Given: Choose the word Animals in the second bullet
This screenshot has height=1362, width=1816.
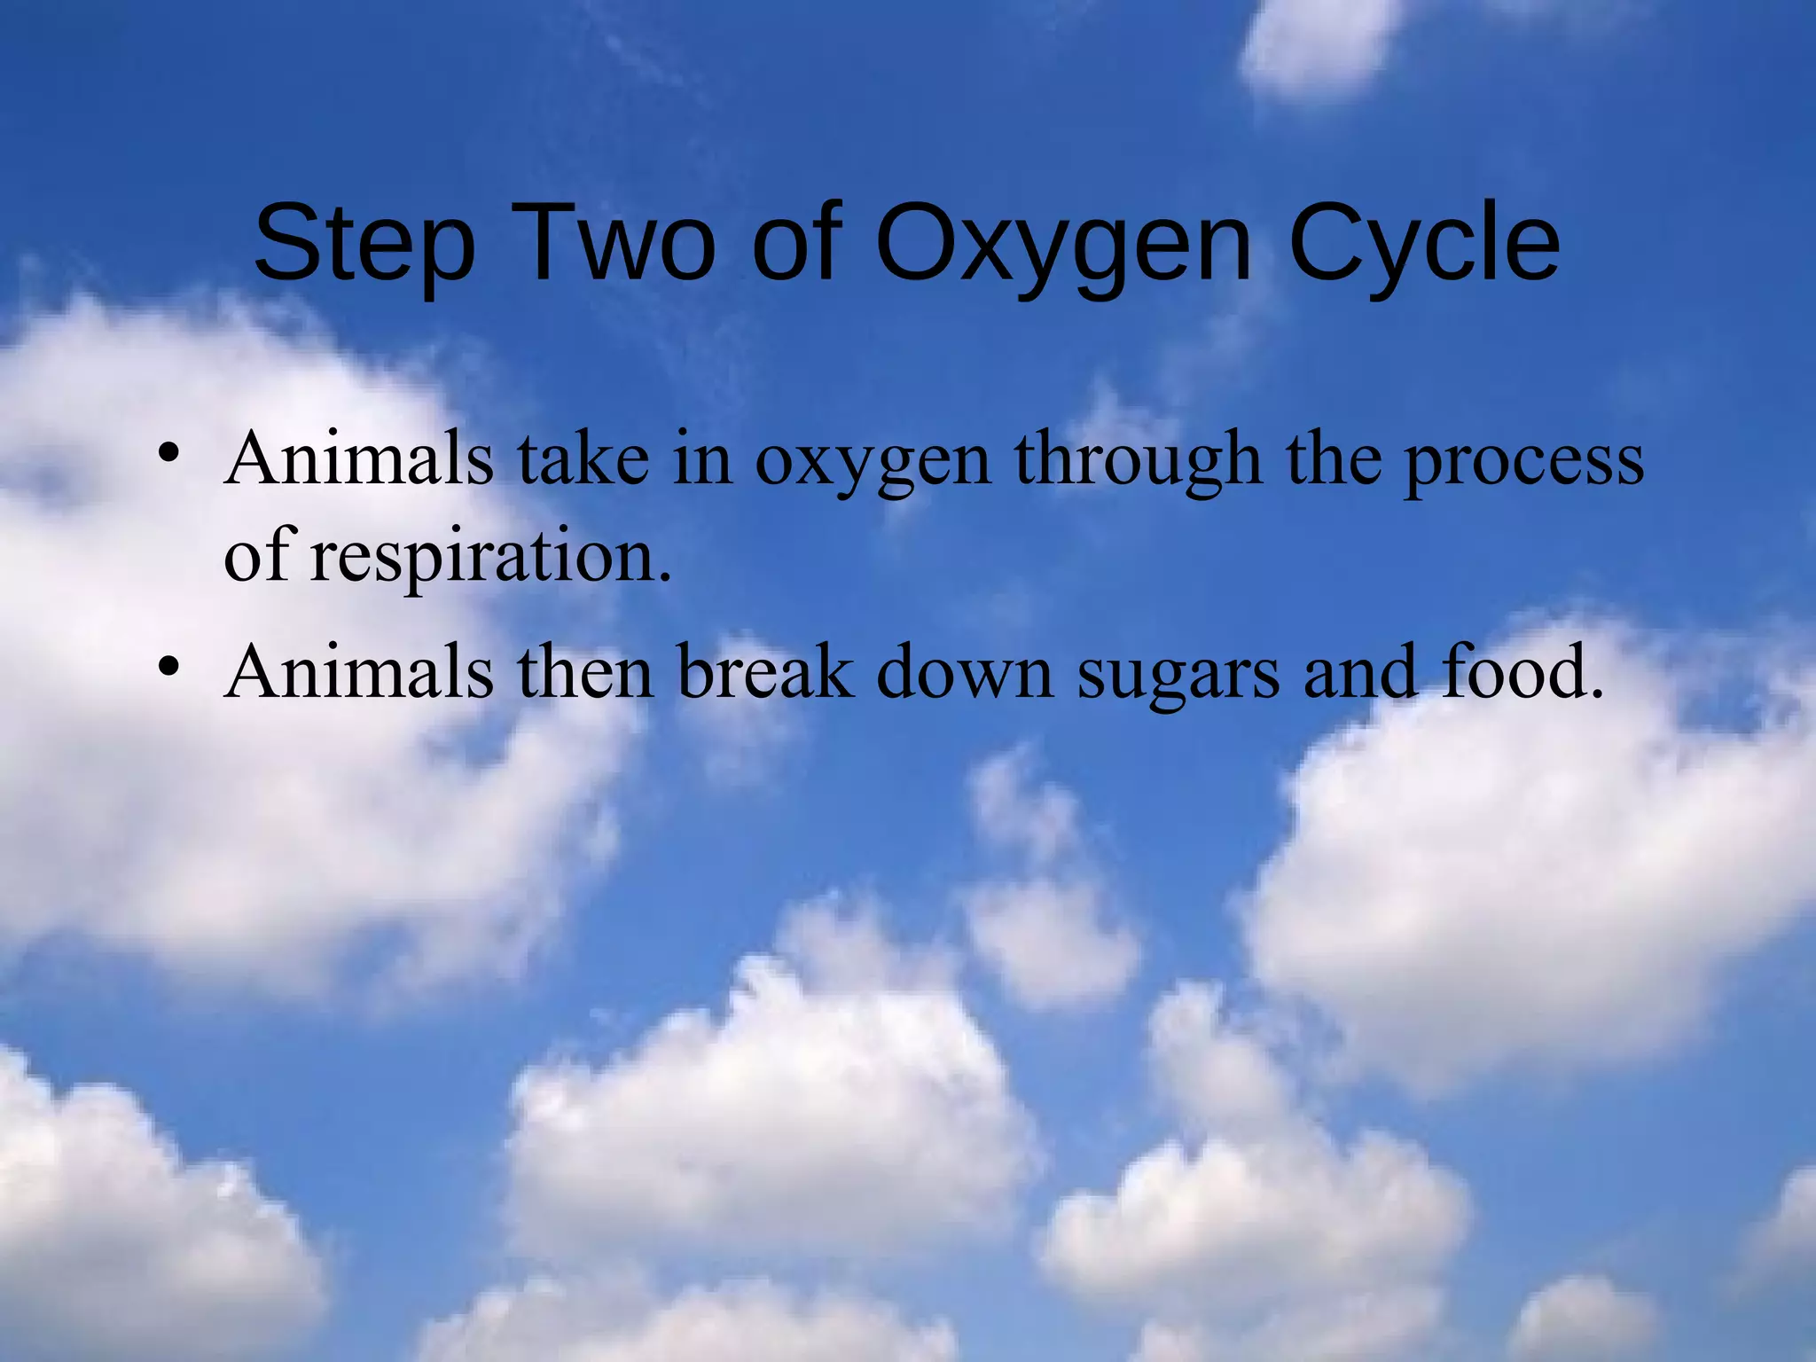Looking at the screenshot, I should pos(359,671).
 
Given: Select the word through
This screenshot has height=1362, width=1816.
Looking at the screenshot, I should pos(1139,459).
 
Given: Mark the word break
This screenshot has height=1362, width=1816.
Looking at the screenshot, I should pos(766,671).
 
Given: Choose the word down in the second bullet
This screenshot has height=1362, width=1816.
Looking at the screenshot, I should pos(966,671).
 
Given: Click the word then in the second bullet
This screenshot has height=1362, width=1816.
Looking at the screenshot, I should pos(586,671).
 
